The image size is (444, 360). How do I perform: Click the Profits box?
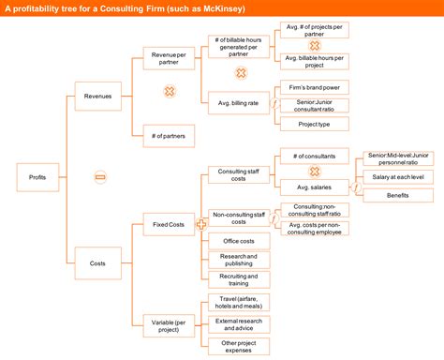tap(38, 175)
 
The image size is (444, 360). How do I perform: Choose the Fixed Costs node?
tap(169, 224)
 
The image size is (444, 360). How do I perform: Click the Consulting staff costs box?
tap(239, 174)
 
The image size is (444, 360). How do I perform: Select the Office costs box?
tap(239, 240)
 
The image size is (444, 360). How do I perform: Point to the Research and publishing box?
tap(239, 259)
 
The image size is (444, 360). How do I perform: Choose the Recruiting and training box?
tap(239, 279)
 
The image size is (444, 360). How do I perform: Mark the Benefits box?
tap(397, 195)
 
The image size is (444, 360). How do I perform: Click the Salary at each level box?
tap(397, 177)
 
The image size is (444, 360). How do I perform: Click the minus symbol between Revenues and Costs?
tap(100, 176)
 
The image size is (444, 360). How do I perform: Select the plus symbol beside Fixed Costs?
tap(200, 225)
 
